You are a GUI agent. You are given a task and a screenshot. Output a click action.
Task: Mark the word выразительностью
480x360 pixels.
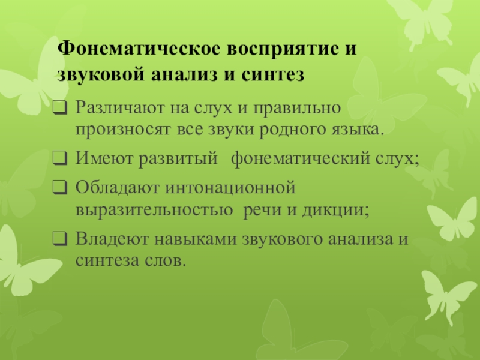154,210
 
